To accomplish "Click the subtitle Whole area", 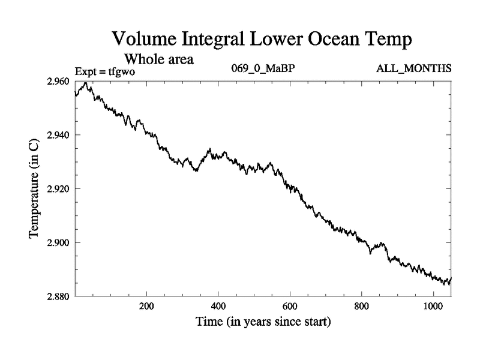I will coord(158,59).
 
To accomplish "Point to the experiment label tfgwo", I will coord(122,71).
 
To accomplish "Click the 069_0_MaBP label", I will coord(262,68).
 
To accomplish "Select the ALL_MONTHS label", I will coord(413,68).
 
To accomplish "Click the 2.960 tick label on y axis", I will coord(58,81).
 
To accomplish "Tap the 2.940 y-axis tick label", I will coord(58,135).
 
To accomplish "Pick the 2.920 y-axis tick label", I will coord(58,189).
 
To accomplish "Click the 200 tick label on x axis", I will coord(146,306).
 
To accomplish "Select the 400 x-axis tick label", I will coord(218,306).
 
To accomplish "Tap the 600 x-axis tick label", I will coord(290,306).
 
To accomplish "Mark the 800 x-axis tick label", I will coord(362,306).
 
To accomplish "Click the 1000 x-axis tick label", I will coord(433,306).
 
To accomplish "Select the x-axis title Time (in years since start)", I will coord(263,322).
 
